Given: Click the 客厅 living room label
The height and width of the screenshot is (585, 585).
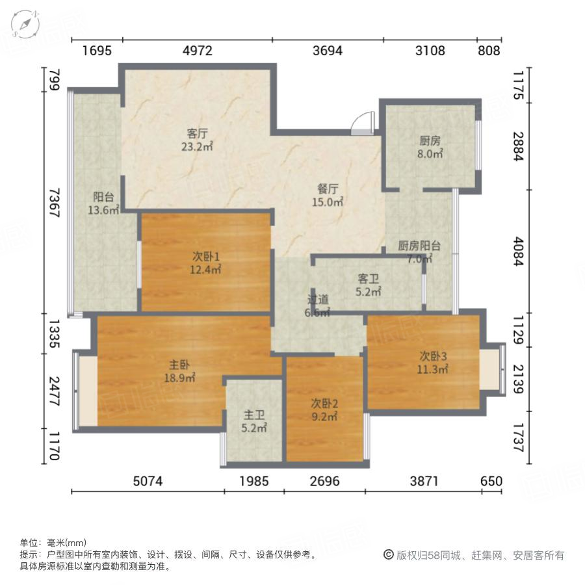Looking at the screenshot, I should coord(197,133).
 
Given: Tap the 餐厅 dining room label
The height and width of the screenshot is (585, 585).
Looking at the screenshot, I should coord(328,189).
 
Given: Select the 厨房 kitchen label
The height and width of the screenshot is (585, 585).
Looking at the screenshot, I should coord(430,140).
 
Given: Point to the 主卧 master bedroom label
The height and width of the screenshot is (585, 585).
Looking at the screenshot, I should coord(180,365).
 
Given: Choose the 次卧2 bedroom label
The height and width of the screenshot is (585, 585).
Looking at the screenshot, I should coord(323,404).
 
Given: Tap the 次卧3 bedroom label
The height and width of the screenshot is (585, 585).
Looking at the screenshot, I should coord(433,356).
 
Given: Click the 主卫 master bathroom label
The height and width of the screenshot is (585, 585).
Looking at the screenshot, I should coord(253,414).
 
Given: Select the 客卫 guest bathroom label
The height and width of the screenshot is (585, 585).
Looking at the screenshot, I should coord(368,278).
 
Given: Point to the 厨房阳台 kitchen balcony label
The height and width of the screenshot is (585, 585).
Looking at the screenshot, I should coord(419,246).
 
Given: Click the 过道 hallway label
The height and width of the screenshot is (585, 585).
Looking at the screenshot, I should coord(318,300).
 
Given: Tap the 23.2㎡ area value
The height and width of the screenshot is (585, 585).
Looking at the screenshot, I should coord(198,147).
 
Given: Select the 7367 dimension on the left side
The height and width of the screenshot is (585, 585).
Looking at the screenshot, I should coord(55,202).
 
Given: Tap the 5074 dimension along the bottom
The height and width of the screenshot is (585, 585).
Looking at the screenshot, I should coord(148,481).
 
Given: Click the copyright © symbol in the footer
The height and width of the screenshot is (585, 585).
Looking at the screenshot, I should coord(389,554).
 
